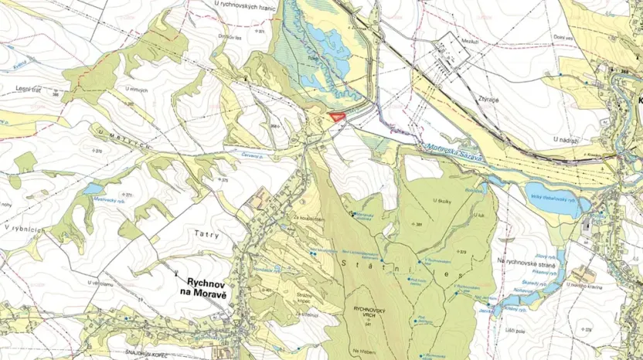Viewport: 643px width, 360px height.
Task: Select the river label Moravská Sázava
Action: [451, 151]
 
